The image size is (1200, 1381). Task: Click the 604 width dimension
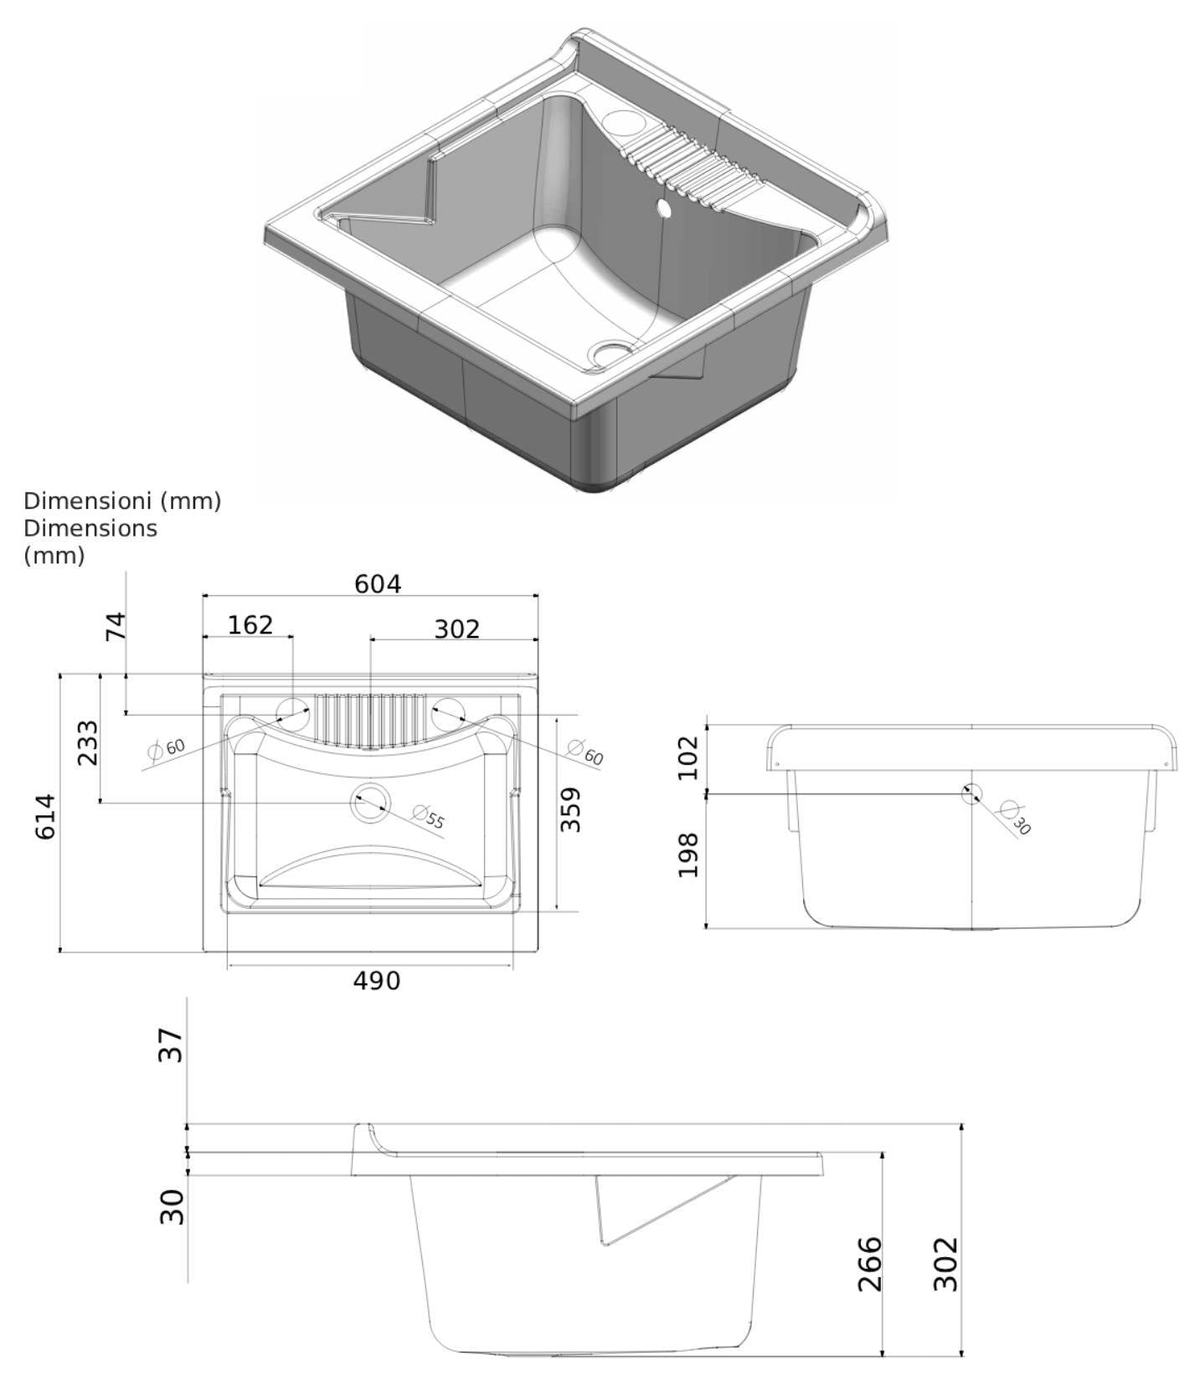(x=378, y=583)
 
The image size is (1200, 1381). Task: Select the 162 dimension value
(x=250, y=624)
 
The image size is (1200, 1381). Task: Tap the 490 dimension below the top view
(x=376, y=980)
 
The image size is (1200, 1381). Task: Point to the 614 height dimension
(x=46, y=816)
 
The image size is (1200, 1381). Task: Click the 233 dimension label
(x=87, y=742)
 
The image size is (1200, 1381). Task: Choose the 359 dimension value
(x=570, y=809)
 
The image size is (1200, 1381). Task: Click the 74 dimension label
(x=116, y=626)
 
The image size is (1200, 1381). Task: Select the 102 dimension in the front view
(x=688, y=757)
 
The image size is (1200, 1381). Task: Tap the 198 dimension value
(x=688, y=855)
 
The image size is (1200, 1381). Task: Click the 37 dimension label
(x=171, y=1045)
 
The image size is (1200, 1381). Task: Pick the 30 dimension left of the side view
(x=172, y=1206)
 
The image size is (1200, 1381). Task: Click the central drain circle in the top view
(x=370, y=803)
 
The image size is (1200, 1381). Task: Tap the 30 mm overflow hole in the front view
(x=971, y=793)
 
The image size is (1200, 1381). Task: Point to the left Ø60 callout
(x=166, y=748)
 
